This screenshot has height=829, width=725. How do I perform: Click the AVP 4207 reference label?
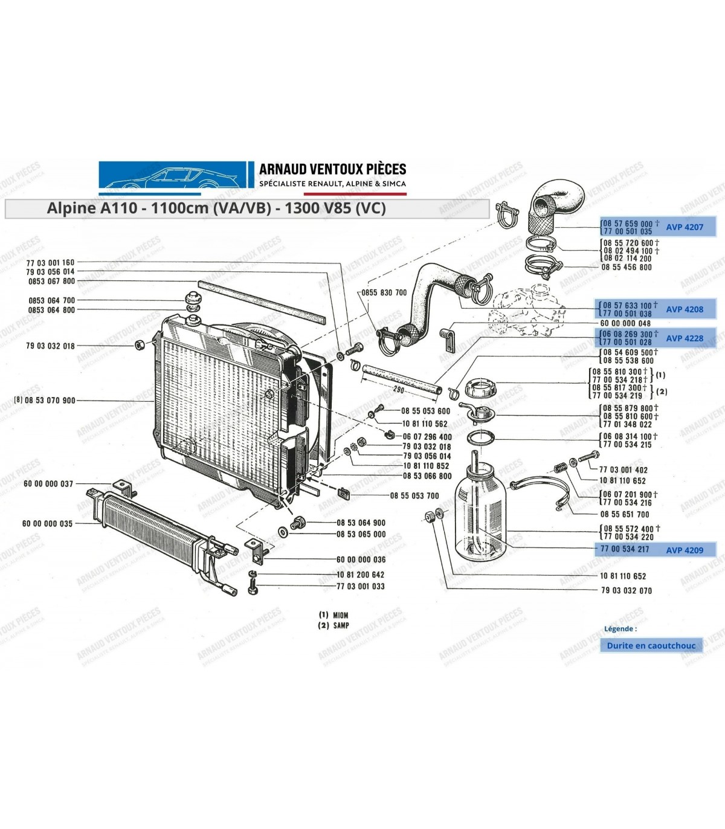coord(685,227)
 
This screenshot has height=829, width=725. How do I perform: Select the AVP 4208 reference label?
coord(685,309)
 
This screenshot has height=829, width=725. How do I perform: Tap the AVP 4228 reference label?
coord(685,338)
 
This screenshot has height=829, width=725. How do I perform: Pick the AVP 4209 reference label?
coord(685,550)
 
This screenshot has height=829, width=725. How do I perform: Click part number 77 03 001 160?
coord(51,262)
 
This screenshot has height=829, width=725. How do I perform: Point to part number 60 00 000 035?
coord(47,523)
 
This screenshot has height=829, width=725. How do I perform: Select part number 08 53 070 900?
coord(50,401)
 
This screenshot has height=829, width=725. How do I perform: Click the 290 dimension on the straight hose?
coord(399,390)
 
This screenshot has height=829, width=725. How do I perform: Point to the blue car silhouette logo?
coord(173,175)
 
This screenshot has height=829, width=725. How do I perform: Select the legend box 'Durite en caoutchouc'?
coord(651,645)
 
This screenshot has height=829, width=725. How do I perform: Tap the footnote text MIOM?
coord(341,615)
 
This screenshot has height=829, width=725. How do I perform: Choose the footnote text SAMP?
coord(341,625)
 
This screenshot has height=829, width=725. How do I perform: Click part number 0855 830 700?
coord(384,292)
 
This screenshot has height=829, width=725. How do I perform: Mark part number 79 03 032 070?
coord(627,590)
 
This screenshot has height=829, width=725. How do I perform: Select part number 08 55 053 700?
coord(414,495)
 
